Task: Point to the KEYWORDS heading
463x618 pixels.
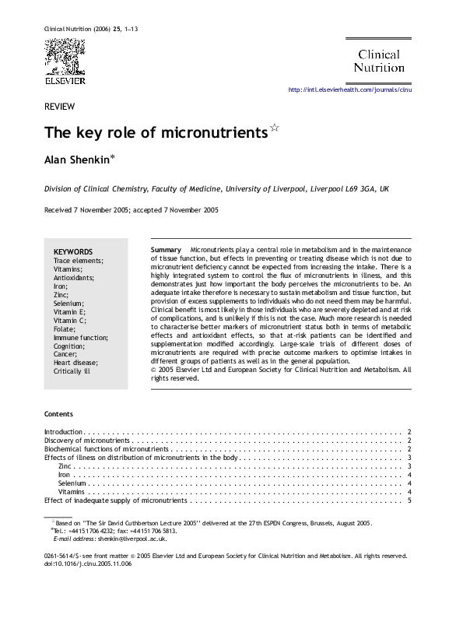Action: (73, 252)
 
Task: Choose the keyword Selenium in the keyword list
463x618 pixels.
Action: (68, 303)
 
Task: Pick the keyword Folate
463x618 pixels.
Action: (65, 329)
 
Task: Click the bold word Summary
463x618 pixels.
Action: (166, 248)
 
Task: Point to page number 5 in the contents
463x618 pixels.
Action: (409, 500)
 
